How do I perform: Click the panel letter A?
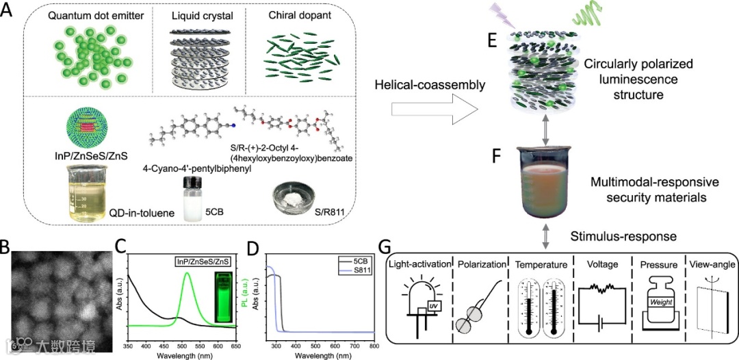[x=8, y=12]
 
